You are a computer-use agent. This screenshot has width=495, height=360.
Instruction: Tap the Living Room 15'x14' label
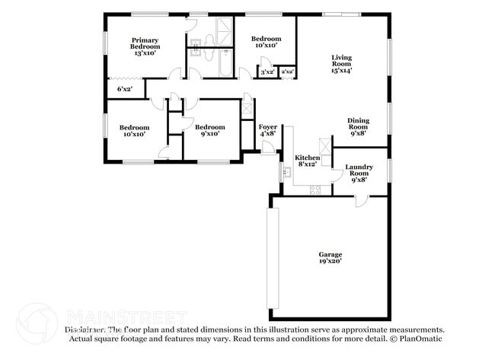pyautogui.click(x=340, y=64)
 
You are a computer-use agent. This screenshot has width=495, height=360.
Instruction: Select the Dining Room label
pyautogui.click(x=358, y=126)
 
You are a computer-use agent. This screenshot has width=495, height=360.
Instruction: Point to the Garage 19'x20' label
pyautogui.click(x=330, y=258)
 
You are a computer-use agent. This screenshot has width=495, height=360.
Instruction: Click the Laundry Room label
pyautogui.click(x=358, y=173)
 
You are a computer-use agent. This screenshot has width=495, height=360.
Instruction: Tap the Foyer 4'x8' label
pyautogui.click(x=268, y=131)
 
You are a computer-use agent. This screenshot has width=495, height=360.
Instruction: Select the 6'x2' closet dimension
pyautogui.click(x=124, y=89)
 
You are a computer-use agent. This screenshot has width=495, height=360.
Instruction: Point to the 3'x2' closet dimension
pyautogui.click(x=267, y=72)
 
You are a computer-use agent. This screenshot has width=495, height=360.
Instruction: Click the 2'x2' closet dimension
pyautogui.click(x=287, y=72)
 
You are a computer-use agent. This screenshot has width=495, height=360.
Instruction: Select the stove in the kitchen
pyautogui.click(x=315, y=190)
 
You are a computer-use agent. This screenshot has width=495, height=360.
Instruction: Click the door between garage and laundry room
pyautogui.click(x=361, y=199)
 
